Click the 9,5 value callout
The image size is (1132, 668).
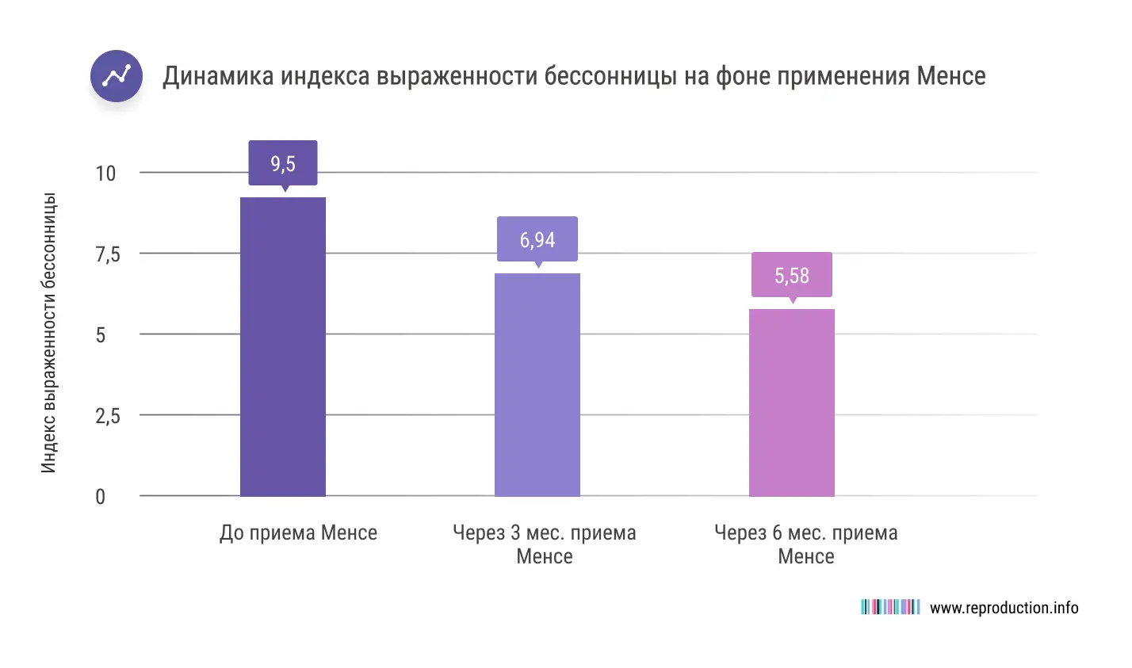pos(282,163)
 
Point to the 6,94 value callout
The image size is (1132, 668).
pos(537,239)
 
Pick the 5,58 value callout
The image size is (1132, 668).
pos(791,275)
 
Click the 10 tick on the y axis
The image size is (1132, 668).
pos(105,173)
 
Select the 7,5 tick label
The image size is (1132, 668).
pos(108,254)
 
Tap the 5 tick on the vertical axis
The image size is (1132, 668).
pos(101,335)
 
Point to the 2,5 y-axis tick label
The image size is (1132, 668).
pos(108,416)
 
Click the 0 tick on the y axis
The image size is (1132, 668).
pos(101,497)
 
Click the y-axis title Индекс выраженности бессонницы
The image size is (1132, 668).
pos(49,333)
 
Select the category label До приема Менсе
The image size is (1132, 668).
pos(298,532)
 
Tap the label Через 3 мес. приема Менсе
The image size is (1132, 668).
pos(544,544)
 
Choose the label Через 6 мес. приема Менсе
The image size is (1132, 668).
pos(805,544)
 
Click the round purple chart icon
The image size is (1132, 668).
pos(117,76)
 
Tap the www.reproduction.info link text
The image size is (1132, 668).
pos(1004,608)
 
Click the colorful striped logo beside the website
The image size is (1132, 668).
pos(889,607)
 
